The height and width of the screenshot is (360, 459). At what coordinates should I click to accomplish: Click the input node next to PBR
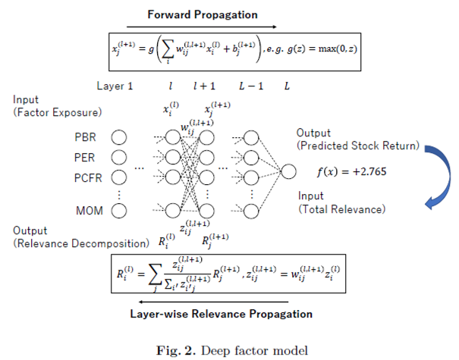click(x=118, y=137)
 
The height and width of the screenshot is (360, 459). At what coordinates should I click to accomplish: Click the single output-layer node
click(x=288, y=172)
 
